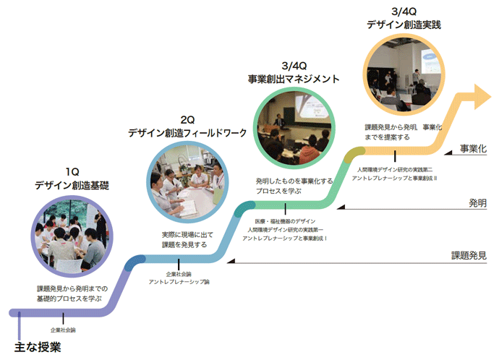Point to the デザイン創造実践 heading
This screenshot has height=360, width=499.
pos(404,24)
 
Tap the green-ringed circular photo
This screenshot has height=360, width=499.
pos(294,129)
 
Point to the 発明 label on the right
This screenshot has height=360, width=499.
pos(477,202)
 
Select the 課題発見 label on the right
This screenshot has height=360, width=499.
pos(469,255)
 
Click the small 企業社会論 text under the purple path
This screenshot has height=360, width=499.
pos(63,330)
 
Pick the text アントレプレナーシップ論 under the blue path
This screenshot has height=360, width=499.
pos(179,281)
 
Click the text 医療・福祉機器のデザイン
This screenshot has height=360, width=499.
pos(285,221)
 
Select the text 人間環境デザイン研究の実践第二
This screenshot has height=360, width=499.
pos(394,168)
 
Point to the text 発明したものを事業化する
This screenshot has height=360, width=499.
pos(294,187)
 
